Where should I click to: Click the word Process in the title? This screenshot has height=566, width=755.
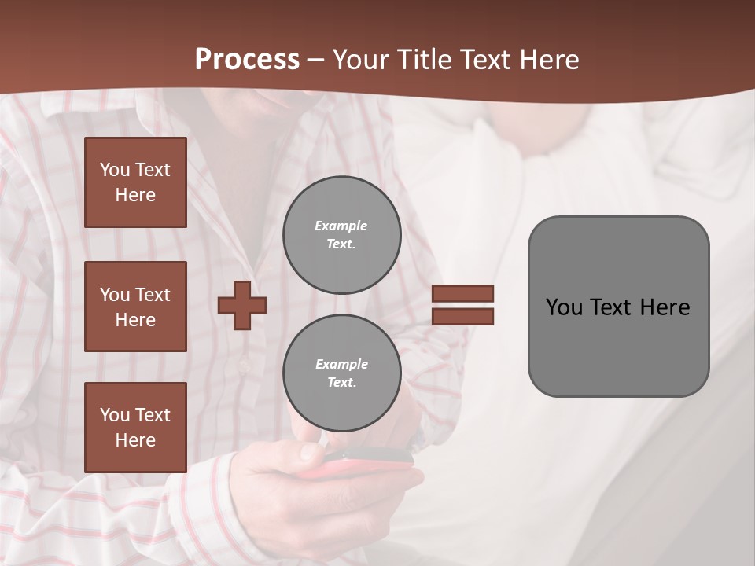[x=247, y=60]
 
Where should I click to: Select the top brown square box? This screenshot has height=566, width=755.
[x=135, y=182]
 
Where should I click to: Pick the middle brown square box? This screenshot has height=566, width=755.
[x=135, y=307]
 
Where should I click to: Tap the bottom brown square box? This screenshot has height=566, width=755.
[x=135, y=427]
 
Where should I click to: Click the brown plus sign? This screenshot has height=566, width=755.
[x=242, y=305]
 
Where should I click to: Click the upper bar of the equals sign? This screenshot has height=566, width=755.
[x=462, y=293]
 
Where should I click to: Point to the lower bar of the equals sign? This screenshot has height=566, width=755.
[x=462, y=316]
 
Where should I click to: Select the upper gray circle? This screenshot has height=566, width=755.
[x=341, y=234]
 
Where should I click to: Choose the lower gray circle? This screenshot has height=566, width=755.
[x=341, y=373]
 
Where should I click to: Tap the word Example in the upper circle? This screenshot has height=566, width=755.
[x=341, y=226]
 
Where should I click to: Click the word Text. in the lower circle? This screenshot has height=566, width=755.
[x=341, y=383]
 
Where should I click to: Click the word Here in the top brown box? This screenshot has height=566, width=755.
[x=135, y=195]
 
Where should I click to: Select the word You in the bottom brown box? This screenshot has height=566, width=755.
[x=115, y=415]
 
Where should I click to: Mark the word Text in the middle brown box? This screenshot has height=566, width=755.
[x=151, y=295]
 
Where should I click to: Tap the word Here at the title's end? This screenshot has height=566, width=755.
[x=550, y=60]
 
